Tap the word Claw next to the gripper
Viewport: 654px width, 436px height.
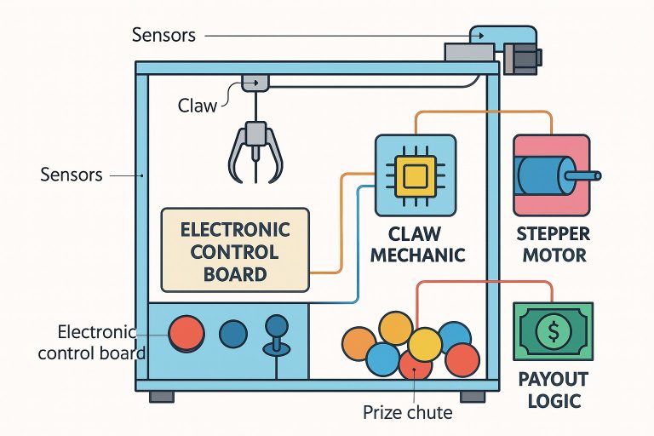tap(197, 106)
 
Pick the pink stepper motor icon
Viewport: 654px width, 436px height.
tap(549, 174)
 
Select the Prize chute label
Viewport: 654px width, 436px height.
tap(407, 413)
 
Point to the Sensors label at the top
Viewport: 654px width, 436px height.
tap(164, 36)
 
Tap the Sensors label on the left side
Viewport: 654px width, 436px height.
tap(72, 175)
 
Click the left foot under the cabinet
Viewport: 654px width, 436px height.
tap(162, 397)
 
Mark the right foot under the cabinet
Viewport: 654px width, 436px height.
tap(473, 397)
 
